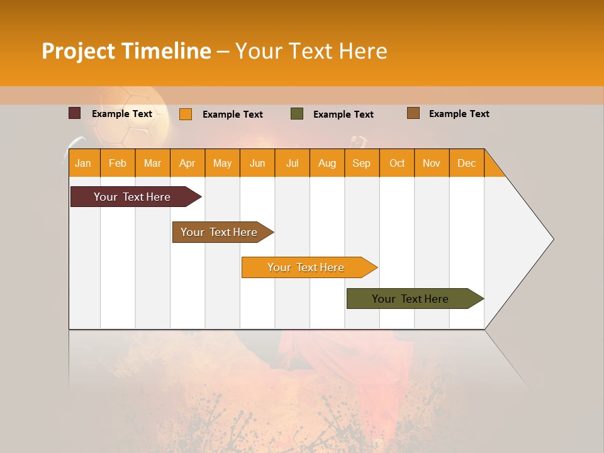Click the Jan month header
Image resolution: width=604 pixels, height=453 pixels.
83,163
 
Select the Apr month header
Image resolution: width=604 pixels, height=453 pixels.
187,163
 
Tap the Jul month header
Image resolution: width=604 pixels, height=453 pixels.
292,163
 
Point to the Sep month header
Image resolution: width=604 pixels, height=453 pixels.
361,163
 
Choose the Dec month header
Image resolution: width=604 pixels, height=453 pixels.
466,163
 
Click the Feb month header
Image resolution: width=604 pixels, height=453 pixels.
118,163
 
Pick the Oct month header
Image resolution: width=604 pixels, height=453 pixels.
397,163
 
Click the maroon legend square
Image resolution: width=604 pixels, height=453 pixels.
74,113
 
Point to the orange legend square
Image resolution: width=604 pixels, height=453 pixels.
185,114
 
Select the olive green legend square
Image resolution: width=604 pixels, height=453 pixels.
296,114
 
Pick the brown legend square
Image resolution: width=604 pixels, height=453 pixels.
413,113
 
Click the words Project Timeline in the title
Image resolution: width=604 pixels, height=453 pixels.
126,51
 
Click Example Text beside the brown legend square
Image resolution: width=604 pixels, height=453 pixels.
459,114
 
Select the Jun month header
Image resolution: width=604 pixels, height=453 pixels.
257,163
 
